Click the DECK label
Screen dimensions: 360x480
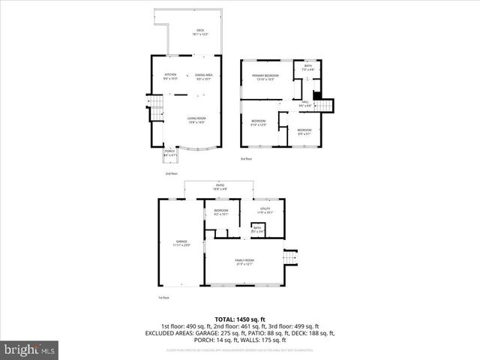(x=200, y=32)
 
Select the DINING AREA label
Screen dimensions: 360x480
(x=205, y=76)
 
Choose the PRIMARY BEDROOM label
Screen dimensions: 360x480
(x=265, y=77)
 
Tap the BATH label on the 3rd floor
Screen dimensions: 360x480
(x=308, y=68)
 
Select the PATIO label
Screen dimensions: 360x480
(x=220, y=187)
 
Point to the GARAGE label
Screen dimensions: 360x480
(x=181, y=243)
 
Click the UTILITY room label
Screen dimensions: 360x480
(x=265, y=211)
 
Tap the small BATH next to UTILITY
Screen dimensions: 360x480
(x=257, y=229)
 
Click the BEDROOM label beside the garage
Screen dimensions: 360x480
(x=221, y=212)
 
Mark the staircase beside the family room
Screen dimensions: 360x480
(x=292, y=258)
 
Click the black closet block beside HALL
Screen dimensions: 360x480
(x=316, y=95)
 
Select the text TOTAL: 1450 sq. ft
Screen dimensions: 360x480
(x=240, y=319)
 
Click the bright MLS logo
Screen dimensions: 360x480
(x=30, y=349)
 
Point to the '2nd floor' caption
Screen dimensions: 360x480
(x=172, y=174)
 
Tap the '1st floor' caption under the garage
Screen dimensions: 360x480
(x=163, y=298)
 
